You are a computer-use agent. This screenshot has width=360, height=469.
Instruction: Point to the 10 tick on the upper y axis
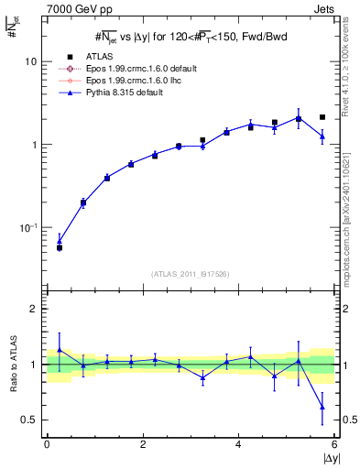30,61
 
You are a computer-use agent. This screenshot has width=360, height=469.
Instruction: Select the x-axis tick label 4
238,444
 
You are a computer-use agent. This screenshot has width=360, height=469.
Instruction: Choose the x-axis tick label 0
47,444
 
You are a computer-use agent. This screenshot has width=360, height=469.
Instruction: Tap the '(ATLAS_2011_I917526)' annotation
190,274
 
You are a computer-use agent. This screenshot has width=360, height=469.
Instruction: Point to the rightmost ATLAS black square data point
322,117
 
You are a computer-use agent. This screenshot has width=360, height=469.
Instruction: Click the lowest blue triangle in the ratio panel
322,407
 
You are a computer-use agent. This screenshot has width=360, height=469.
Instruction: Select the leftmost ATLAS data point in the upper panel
60,247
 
